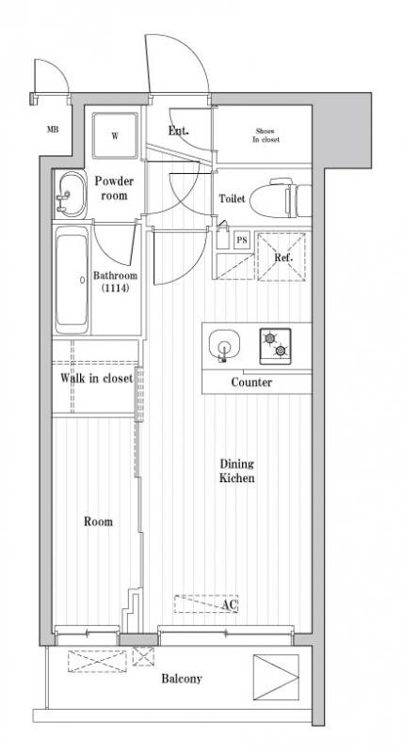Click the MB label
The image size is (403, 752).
pyautogui.click(x=53, y=130)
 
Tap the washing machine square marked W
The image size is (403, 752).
pyautogui.click(x=115, y=135)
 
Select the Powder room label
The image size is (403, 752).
pyautogui.click(x=114, y=188)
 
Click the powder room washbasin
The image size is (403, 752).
pyautogui.click(x=70, y=195)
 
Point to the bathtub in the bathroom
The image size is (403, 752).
pyautogui.click(x=72, y=279)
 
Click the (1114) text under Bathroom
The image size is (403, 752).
pyautogui.click(x=115, y=289)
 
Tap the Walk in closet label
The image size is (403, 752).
pyautogui.click(x=96, y=378)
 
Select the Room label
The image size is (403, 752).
pyautogui.click(x=99, y=522)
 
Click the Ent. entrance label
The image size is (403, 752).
pyautogui.click(x=178, y=131)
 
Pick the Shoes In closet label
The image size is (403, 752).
pyautogui.click(x=266, y=135)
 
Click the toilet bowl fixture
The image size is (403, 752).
pyautogui.click(x=281, y=198)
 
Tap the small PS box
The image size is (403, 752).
pyautogui.click(x=242, y=240)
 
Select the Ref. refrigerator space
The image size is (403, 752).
pyautogui.click(x=281, y=257)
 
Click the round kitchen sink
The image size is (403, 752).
pyautogui.click(x=224, y=345)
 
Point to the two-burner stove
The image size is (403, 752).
pyautogui.click(x=275, y=346)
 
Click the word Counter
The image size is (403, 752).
pyautogui.click(x=251, y=383)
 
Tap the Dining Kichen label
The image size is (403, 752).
pyautogui.click(x=236, y=471)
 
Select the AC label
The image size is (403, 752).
pyautogui.click(x=230, y=604)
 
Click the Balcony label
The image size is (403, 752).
pyautogui.click(x=182, y=679)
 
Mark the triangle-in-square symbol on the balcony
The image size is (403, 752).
pyautogui.click(x=276, y=677)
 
